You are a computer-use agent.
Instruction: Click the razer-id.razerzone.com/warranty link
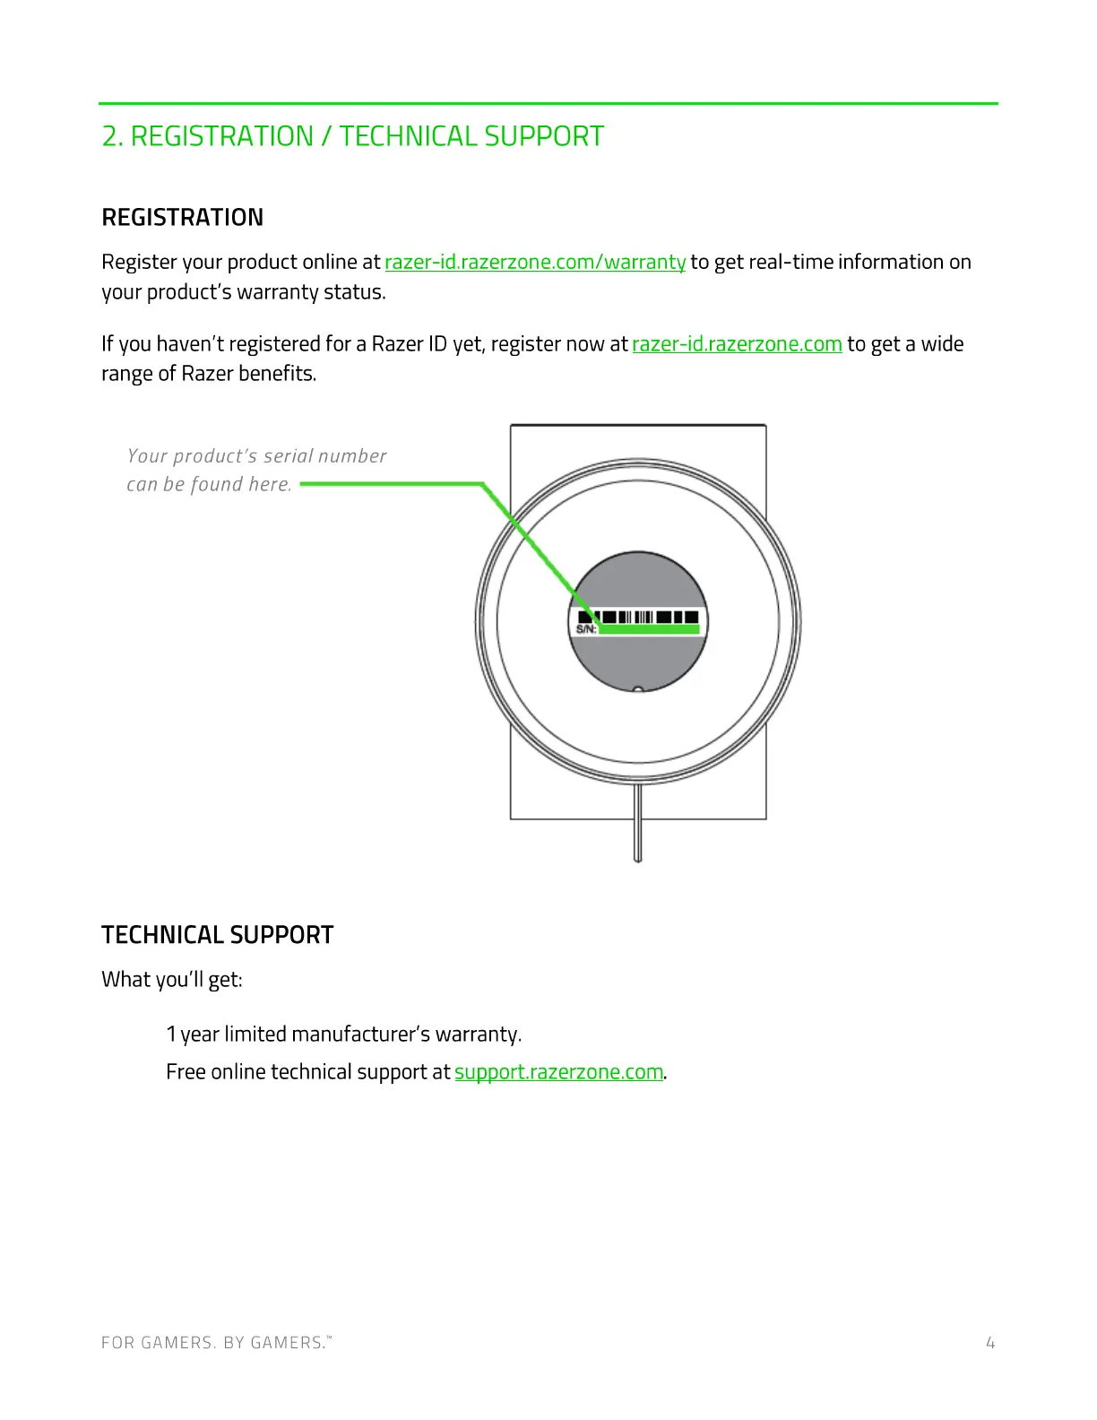tap(535, 263)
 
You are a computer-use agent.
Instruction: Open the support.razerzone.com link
tap(558, 1072)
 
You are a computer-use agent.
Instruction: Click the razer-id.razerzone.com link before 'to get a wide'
tap(737, 344)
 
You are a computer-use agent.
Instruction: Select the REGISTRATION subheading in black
tap(183, 218)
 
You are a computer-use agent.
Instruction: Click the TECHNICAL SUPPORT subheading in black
tap(217, 935)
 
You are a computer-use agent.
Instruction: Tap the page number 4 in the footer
tap(990, 1343)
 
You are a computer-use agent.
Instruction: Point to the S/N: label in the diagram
tap(586, 629)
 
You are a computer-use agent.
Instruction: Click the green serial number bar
tap(649, 629)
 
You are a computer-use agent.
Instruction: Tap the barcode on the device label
tap(638, 617)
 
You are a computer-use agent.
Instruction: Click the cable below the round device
tap(638, 825)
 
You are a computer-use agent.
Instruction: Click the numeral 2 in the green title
tap(109, 137)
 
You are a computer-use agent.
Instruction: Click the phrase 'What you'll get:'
tap(172, 980)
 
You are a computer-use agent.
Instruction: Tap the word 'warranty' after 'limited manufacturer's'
tap(476, 1035)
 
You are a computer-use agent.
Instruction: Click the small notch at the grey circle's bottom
tap(638, 689)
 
